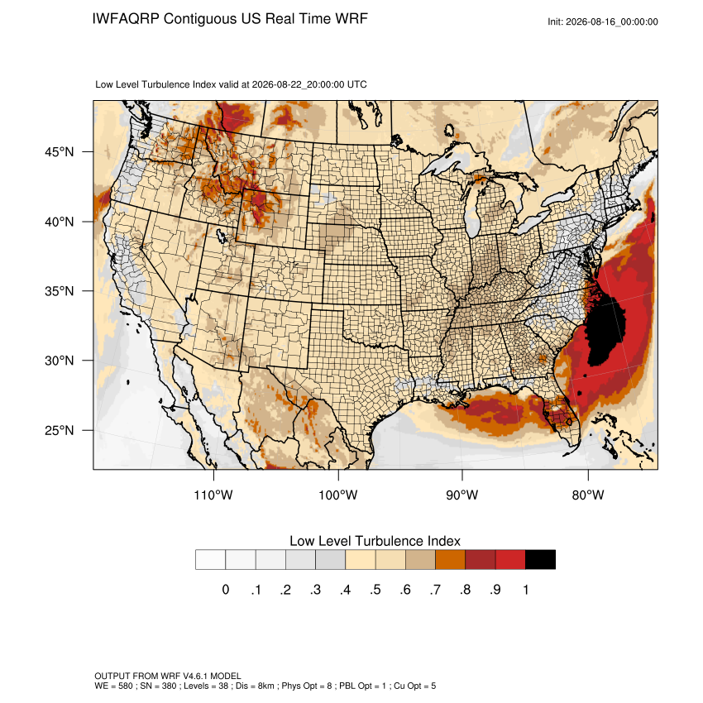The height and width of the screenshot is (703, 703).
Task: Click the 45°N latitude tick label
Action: (x=60, y=152)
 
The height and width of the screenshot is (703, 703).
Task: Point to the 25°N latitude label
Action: (x=60, y=430)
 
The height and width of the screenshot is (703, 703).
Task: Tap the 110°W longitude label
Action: (x=213, y=495)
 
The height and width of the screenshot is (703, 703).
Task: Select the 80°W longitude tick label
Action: (x=588, y=495)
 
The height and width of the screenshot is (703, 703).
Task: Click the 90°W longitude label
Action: (x=461, y=495)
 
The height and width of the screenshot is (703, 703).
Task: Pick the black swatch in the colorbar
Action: (x=540, y=560)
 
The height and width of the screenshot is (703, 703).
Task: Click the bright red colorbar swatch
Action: (x=510, y=560)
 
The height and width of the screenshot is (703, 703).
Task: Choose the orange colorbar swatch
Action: (x=450, y=560)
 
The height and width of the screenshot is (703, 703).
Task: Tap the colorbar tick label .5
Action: (x=375, y=590)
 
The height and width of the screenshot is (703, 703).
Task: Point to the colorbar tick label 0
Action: (x=226, y=590)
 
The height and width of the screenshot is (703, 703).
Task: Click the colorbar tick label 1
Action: (x=525, y=590)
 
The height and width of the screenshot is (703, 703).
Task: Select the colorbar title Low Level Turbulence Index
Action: (x=375, y=541)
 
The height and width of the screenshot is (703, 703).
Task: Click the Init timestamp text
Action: (x=603, y=22)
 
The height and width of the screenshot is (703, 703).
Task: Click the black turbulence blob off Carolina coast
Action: (x=605, y=332)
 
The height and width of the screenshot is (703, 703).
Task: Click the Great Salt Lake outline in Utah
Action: (x=222, y=236)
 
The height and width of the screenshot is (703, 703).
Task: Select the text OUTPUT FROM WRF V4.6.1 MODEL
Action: (x=168, y=676)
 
